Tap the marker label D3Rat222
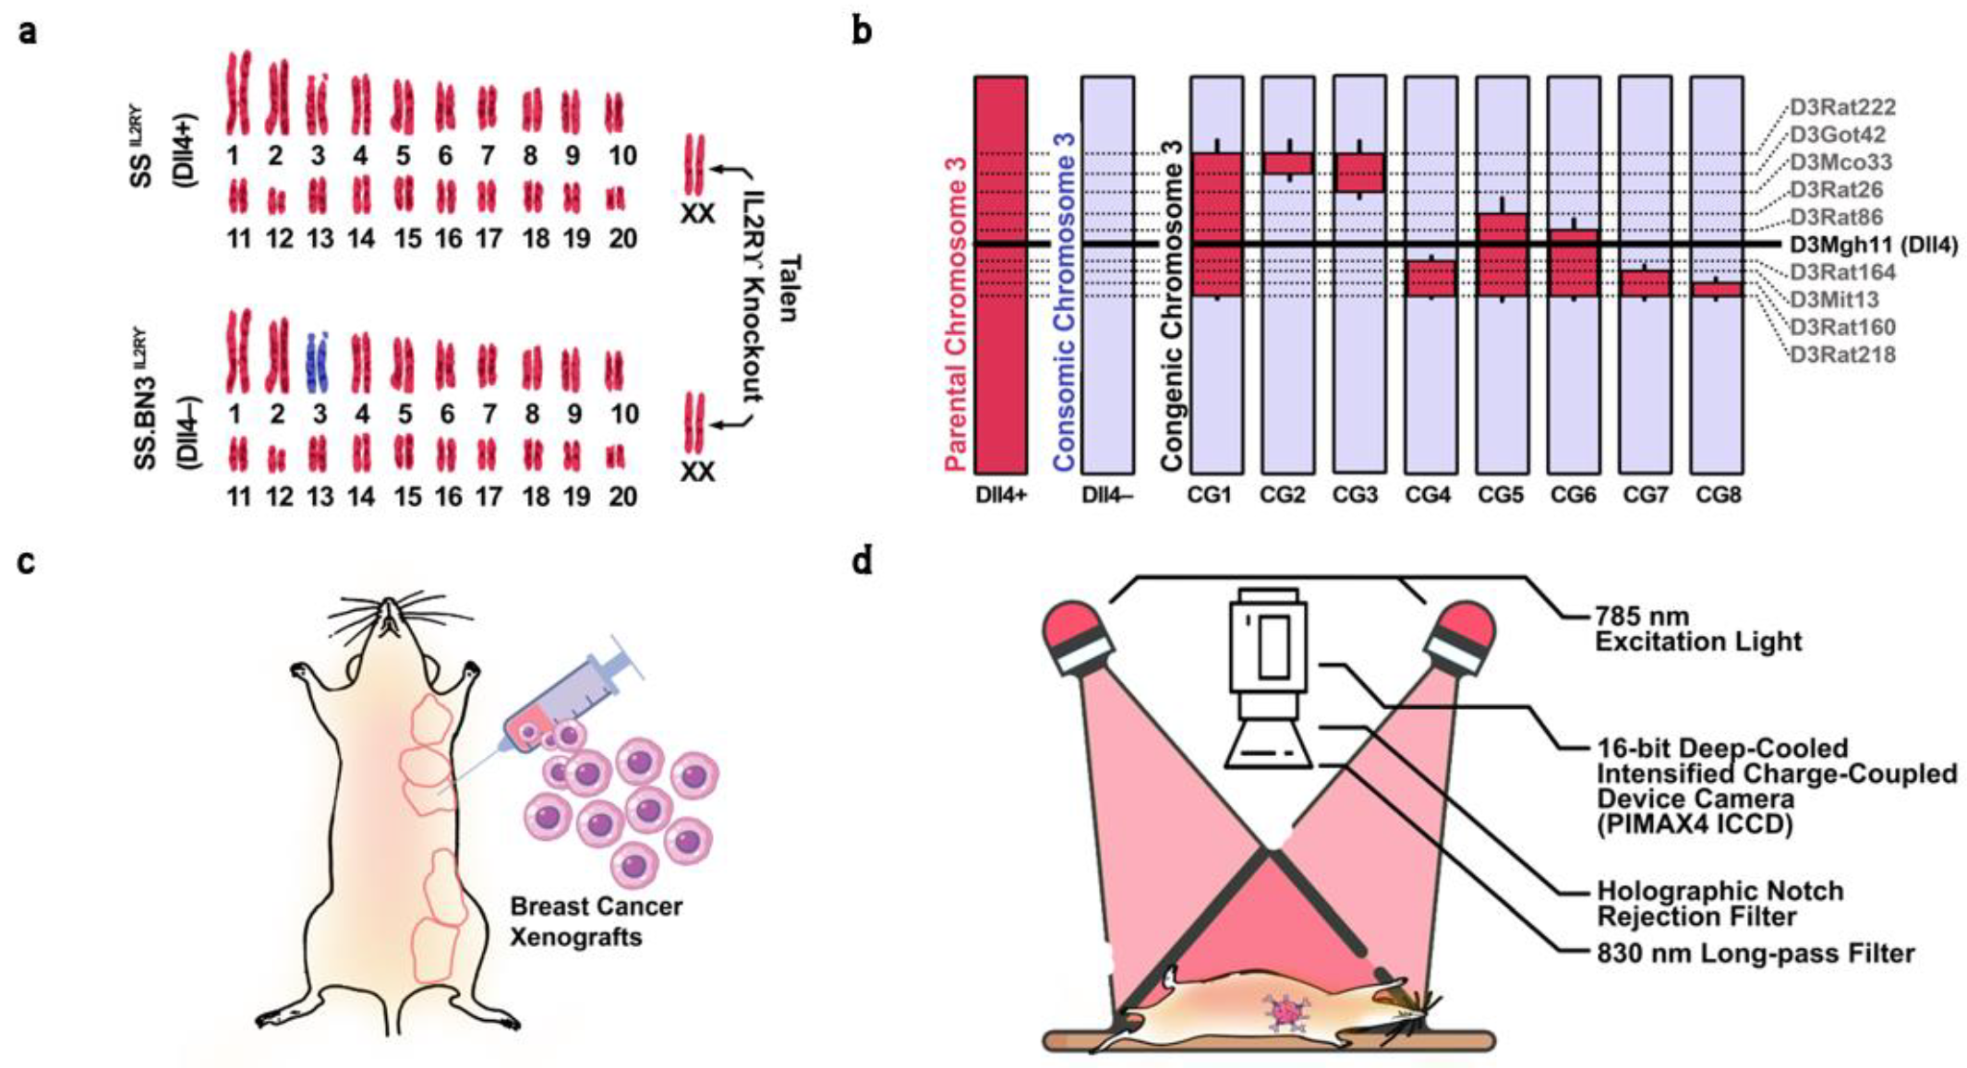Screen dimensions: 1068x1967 click(1841, 107)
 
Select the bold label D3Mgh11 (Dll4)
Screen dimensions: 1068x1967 click(1873, 245)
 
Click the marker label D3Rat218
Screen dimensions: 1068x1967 click(1842, 354)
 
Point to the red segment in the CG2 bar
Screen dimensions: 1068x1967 click(1287, 163)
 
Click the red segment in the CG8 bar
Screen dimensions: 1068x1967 click(1717, 290)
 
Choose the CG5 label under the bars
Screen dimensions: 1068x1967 click(1501, 496)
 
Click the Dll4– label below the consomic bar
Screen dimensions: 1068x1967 click(1107, 496)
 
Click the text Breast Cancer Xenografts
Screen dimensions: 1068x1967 click(596, 921)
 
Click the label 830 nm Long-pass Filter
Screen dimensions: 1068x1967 click(1756, 953)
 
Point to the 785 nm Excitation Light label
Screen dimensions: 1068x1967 click(1697, 629)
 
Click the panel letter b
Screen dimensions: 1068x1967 click(862, 32)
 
